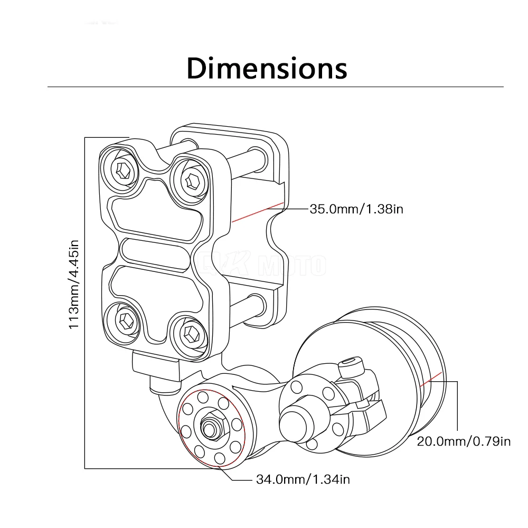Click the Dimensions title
(267, 68)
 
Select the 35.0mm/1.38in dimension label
(356, 209)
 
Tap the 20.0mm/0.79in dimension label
(464, 441)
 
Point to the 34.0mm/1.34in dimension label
(303, 479)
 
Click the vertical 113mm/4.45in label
(74, 285)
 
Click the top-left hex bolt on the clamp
(122, 171)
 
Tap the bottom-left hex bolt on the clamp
(125, 320)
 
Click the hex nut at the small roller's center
(211, 427)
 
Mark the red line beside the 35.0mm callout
(258, 212)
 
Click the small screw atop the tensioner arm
(351, 366)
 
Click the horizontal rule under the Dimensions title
(276, 87)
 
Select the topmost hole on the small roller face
(203, 397)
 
